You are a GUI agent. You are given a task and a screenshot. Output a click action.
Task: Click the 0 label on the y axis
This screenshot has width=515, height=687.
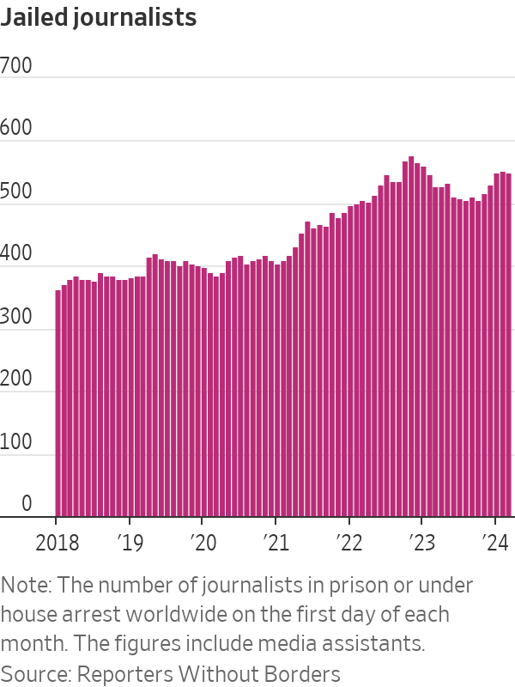tap(27, 504)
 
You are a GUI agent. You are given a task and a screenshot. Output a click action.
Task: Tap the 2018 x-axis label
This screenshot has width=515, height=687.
tap(57, 543)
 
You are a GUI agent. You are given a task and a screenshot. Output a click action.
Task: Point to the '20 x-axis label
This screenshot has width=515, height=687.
tap(203, 543)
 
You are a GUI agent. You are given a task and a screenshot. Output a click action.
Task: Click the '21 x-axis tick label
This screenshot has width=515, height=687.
tap(276, 543)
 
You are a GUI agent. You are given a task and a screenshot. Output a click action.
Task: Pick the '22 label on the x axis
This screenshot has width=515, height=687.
tap(349, 543)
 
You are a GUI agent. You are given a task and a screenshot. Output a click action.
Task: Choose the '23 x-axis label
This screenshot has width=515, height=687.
tap(422, 543)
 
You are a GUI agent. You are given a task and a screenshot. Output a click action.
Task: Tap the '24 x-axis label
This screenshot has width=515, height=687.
tap(495, 543)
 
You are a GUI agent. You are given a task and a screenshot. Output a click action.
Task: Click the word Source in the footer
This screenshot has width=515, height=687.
tap(30, 673)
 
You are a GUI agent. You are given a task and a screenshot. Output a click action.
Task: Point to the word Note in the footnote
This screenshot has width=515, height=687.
tap(24, 586)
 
